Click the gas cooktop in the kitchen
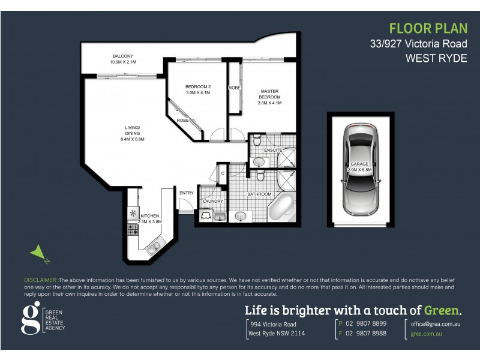132,229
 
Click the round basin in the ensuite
260,162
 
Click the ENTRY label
186,193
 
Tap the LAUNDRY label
213,201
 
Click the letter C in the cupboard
222,173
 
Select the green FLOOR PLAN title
428,28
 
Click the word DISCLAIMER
41,280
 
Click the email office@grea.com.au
435,323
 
